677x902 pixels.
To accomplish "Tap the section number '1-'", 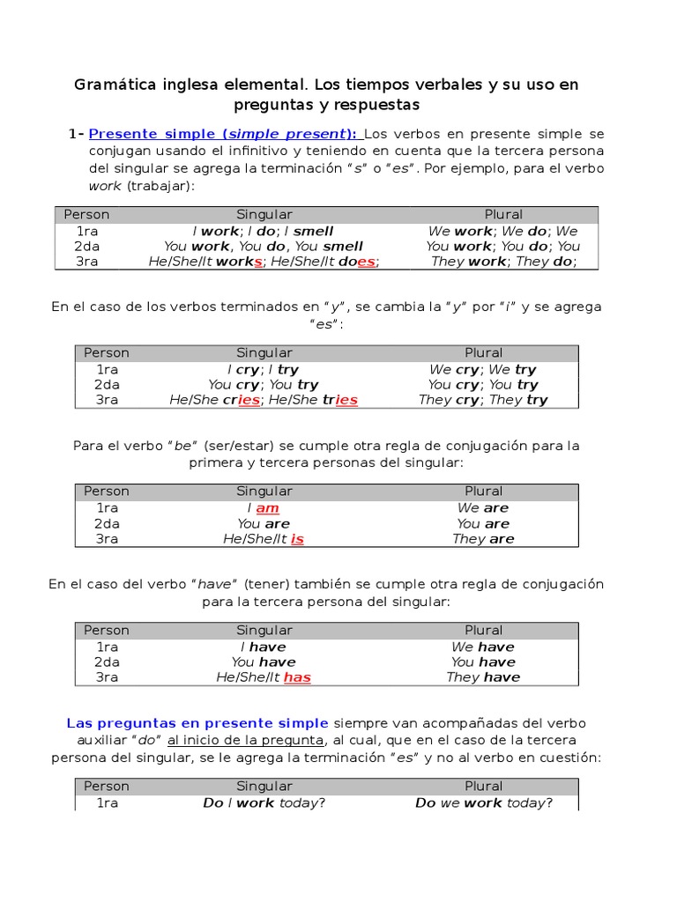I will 76,134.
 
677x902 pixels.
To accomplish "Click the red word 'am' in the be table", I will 267,508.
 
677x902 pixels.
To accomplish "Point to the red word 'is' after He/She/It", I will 297,539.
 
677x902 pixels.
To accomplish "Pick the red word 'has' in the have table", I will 297,677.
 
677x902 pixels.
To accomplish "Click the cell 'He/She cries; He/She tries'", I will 264,400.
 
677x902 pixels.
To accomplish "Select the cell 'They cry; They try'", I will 483,400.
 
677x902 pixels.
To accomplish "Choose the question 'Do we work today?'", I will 483,802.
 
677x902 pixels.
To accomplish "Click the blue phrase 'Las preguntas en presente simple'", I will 197,723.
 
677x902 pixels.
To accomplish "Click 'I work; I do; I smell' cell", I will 264,232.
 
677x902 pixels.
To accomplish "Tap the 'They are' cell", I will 483,539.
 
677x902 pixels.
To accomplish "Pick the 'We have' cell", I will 483,647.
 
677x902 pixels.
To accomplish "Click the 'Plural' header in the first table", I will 503,215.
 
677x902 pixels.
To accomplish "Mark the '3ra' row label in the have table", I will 107,677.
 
